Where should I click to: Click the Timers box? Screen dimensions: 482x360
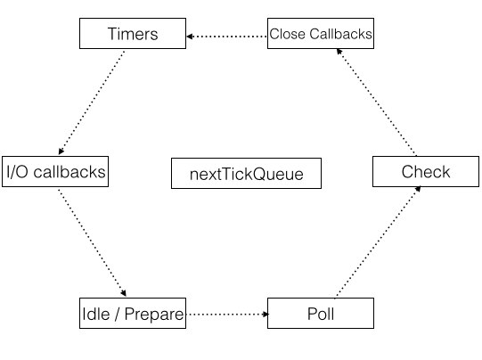pos(133,33)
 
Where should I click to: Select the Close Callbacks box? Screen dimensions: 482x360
pos(321,33)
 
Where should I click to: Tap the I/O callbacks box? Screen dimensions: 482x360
pos(55,172)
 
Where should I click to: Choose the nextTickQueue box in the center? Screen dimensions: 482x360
pos(246,174)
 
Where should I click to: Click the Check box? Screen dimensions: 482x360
pos(426,172)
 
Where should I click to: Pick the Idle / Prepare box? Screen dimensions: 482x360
pos(133,314)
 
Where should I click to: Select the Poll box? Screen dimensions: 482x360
pos(321,314)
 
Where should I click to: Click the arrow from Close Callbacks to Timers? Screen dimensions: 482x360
pos(227,37)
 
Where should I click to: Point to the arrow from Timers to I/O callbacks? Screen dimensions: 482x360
pos(91,102)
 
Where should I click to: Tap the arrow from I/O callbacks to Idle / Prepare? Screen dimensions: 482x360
pos(92,242)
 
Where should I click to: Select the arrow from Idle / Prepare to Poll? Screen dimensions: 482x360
pos(227,315)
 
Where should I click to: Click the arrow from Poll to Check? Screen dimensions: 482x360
pos(379,241)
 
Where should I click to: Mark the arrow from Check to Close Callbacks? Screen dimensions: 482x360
pos(377,102)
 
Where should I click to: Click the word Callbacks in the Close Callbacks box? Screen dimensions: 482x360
pos(340,34)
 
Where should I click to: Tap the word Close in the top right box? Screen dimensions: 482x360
pos(288,34)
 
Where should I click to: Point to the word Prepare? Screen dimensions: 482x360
pos(154,315)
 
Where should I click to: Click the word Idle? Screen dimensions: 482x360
pos(96,315)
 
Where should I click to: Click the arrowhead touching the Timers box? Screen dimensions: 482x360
pos(190,37)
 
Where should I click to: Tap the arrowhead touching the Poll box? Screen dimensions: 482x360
pos(266,315)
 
